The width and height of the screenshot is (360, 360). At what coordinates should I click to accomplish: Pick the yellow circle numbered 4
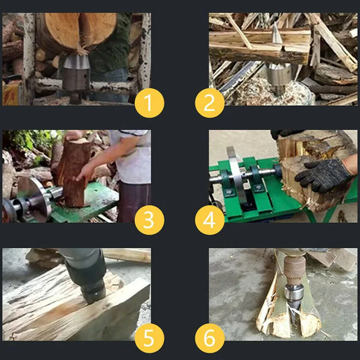tap(210, 220)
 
